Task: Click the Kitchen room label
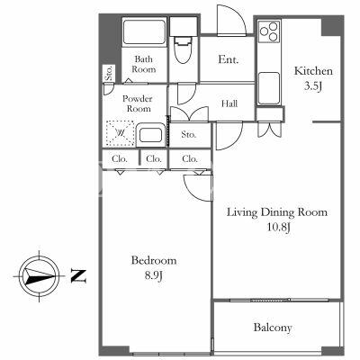(313, 71)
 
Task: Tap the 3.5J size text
(313, 86)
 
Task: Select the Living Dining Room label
(276, 212)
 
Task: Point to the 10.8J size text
(279, 228)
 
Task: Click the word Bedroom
(154, 260)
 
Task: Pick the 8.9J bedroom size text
(154, 275)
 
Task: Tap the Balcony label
(273, 328)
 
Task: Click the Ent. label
(229, 59)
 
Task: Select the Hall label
(229, 103)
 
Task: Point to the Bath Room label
(144, 64)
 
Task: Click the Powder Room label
(138, 103)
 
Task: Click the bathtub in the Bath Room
(145, 31)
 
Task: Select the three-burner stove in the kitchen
(269, 31)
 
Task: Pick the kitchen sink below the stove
(269, 88)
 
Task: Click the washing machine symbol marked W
(121, 133)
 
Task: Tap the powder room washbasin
(150, 135)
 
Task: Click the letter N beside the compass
(78, 276)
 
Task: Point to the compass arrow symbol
(39, 275)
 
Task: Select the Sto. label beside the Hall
(188, 134)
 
